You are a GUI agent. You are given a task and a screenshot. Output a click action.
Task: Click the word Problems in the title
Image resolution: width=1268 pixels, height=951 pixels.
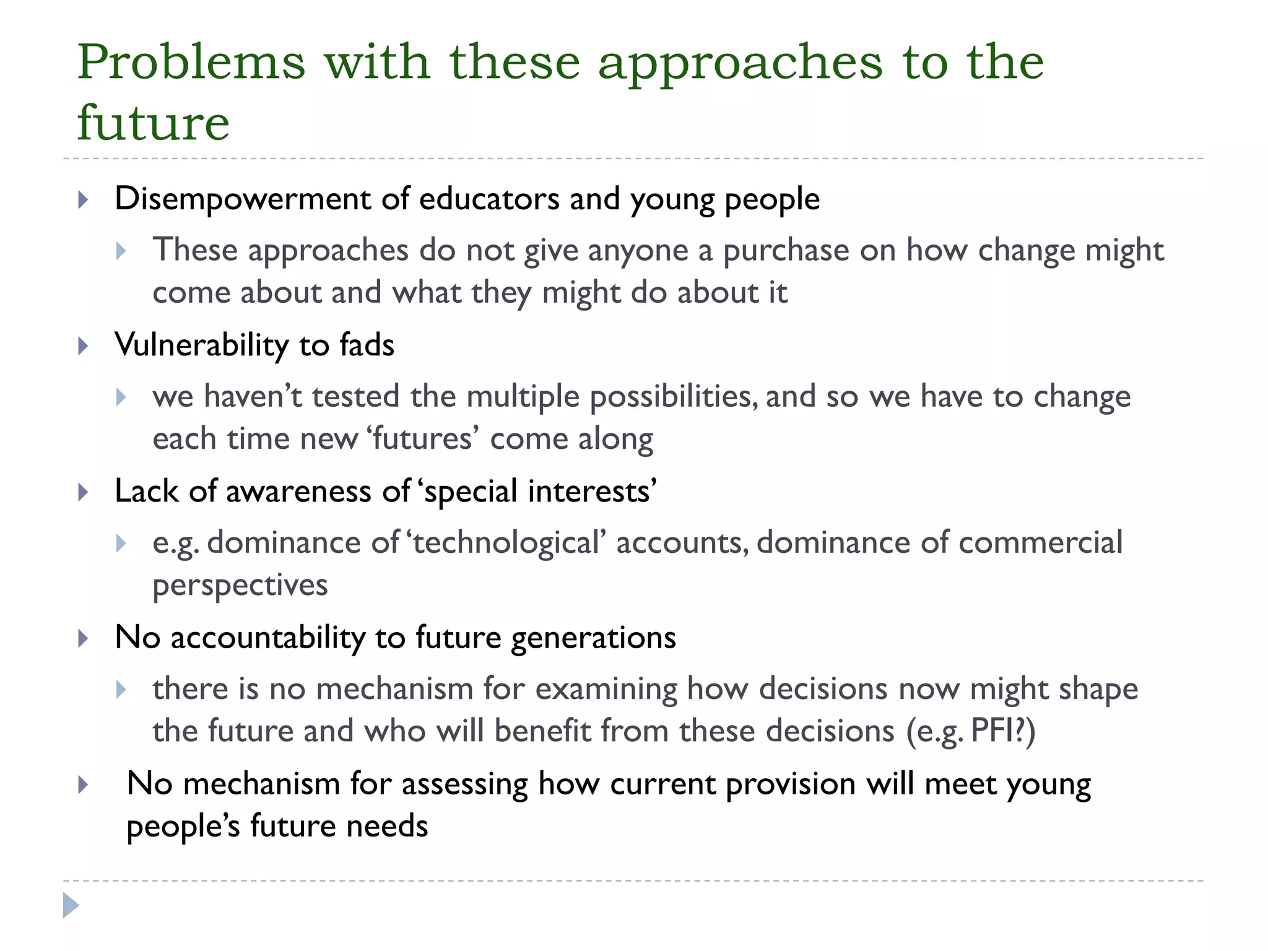pyautogui.click(x=191, y=63)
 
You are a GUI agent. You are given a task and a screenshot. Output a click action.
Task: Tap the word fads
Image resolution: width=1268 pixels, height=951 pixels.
pyautogui.click(x=367, y=345)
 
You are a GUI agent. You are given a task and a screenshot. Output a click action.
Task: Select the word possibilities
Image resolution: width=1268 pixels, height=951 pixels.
pyautogui.click(x=673, y=397)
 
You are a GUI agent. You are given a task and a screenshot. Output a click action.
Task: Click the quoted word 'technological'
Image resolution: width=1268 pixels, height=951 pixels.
pyautogui.click(x=506, y=543)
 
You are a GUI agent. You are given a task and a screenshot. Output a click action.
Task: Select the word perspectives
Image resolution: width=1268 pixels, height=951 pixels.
pyautogui.click(x=240, y=586)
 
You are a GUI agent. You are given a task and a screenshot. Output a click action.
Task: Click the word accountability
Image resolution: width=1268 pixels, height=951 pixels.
pyautogui.click(x=268, y=638)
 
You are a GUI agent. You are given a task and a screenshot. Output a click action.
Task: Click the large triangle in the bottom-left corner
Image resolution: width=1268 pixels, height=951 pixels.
pyautogui.click(x=71, y=905)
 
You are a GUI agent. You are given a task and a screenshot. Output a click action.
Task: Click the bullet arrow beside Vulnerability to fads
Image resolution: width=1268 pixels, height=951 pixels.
pyautogui.click(x=84, y=345)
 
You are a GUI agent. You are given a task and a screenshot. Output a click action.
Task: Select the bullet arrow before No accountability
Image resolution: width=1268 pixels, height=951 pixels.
pyautogui.click(x=84, y=638)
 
